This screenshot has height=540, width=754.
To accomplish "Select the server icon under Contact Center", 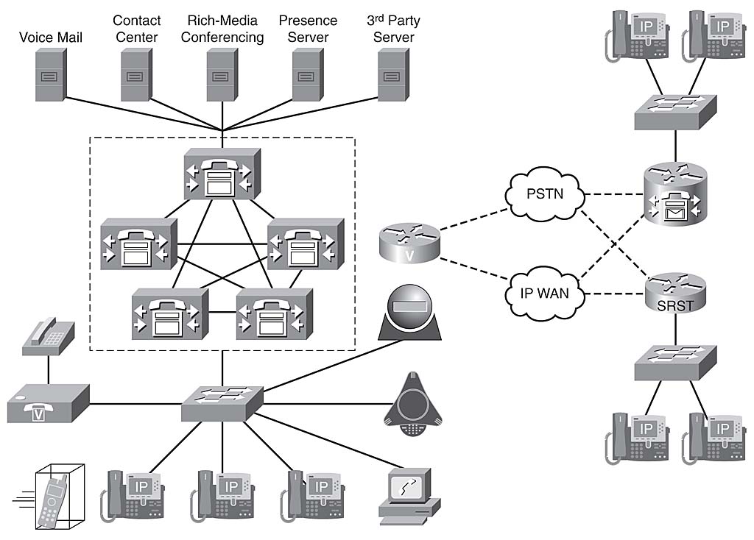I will [x=136, y=76].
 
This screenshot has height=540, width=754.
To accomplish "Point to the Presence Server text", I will [x=308, y=28].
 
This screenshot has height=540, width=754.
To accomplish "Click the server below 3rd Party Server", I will [x=394, y=76].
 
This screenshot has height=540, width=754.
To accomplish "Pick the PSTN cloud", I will [x=545, y=196].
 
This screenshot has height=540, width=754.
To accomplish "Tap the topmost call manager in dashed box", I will [x=222, y=174].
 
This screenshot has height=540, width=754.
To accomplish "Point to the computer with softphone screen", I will [x=407, y=494].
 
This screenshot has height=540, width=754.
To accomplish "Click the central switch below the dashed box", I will [x=222, y=402].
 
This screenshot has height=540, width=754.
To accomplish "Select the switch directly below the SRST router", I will [x=676, y=361].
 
